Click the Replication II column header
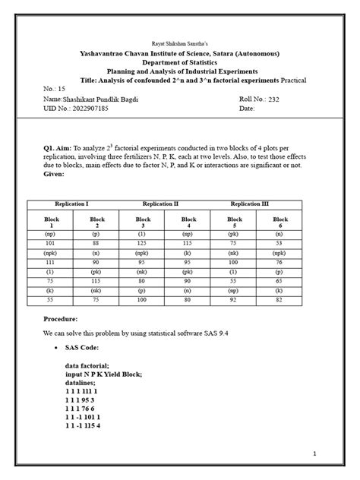pos(161,204)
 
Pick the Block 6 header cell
pos(279,222)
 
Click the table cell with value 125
pos(142,242)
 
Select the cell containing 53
pos(279,242)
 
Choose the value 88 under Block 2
pos(96,242)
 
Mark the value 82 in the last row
pos(279,300)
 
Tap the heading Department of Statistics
pos(179,64)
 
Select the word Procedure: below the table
pos(62,320)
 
